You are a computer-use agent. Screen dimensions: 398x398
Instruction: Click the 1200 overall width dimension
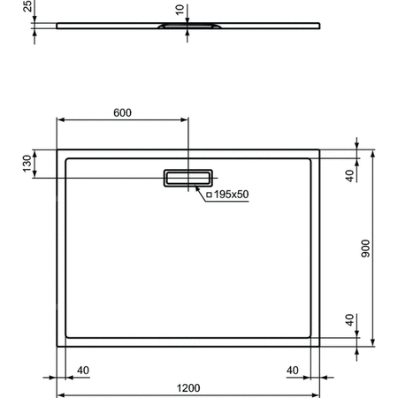coord(188,387)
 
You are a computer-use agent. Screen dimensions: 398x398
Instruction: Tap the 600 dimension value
coord(122,112)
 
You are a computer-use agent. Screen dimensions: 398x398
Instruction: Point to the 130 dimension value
coord(27,164)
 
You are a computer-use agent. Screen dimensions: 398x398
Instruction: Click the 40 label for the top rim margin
coord(351,175)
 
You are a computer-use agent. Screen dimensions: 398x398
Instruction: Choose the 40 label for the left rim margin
coord(83,370)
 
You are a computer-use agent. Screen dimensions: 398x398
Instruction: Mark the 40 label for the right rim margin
coord(291,370)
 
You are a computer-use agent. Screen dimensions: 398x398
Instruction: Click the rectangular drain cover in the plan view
coord(188,179)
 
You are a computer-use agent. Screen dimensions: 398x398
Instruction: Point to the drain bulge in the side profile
coord(188,27)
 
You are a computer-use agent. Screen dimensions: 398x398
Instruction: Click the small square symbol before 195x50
coord(210,195)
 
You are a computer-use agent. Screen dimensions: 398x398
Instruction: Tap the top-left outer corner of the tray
coord(57,149)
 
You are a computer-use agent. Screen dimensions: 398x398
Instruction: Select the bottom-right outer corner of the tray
coord(318,345)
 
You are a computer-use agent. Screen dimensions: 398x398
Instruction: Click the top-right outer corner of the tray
coord(318,149)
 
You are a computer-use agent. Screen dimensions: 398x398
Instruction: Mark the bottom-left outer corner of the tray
coord(57,345)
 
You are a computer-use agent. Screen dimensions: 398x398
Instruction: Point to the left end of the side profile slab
coord(57,26)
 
